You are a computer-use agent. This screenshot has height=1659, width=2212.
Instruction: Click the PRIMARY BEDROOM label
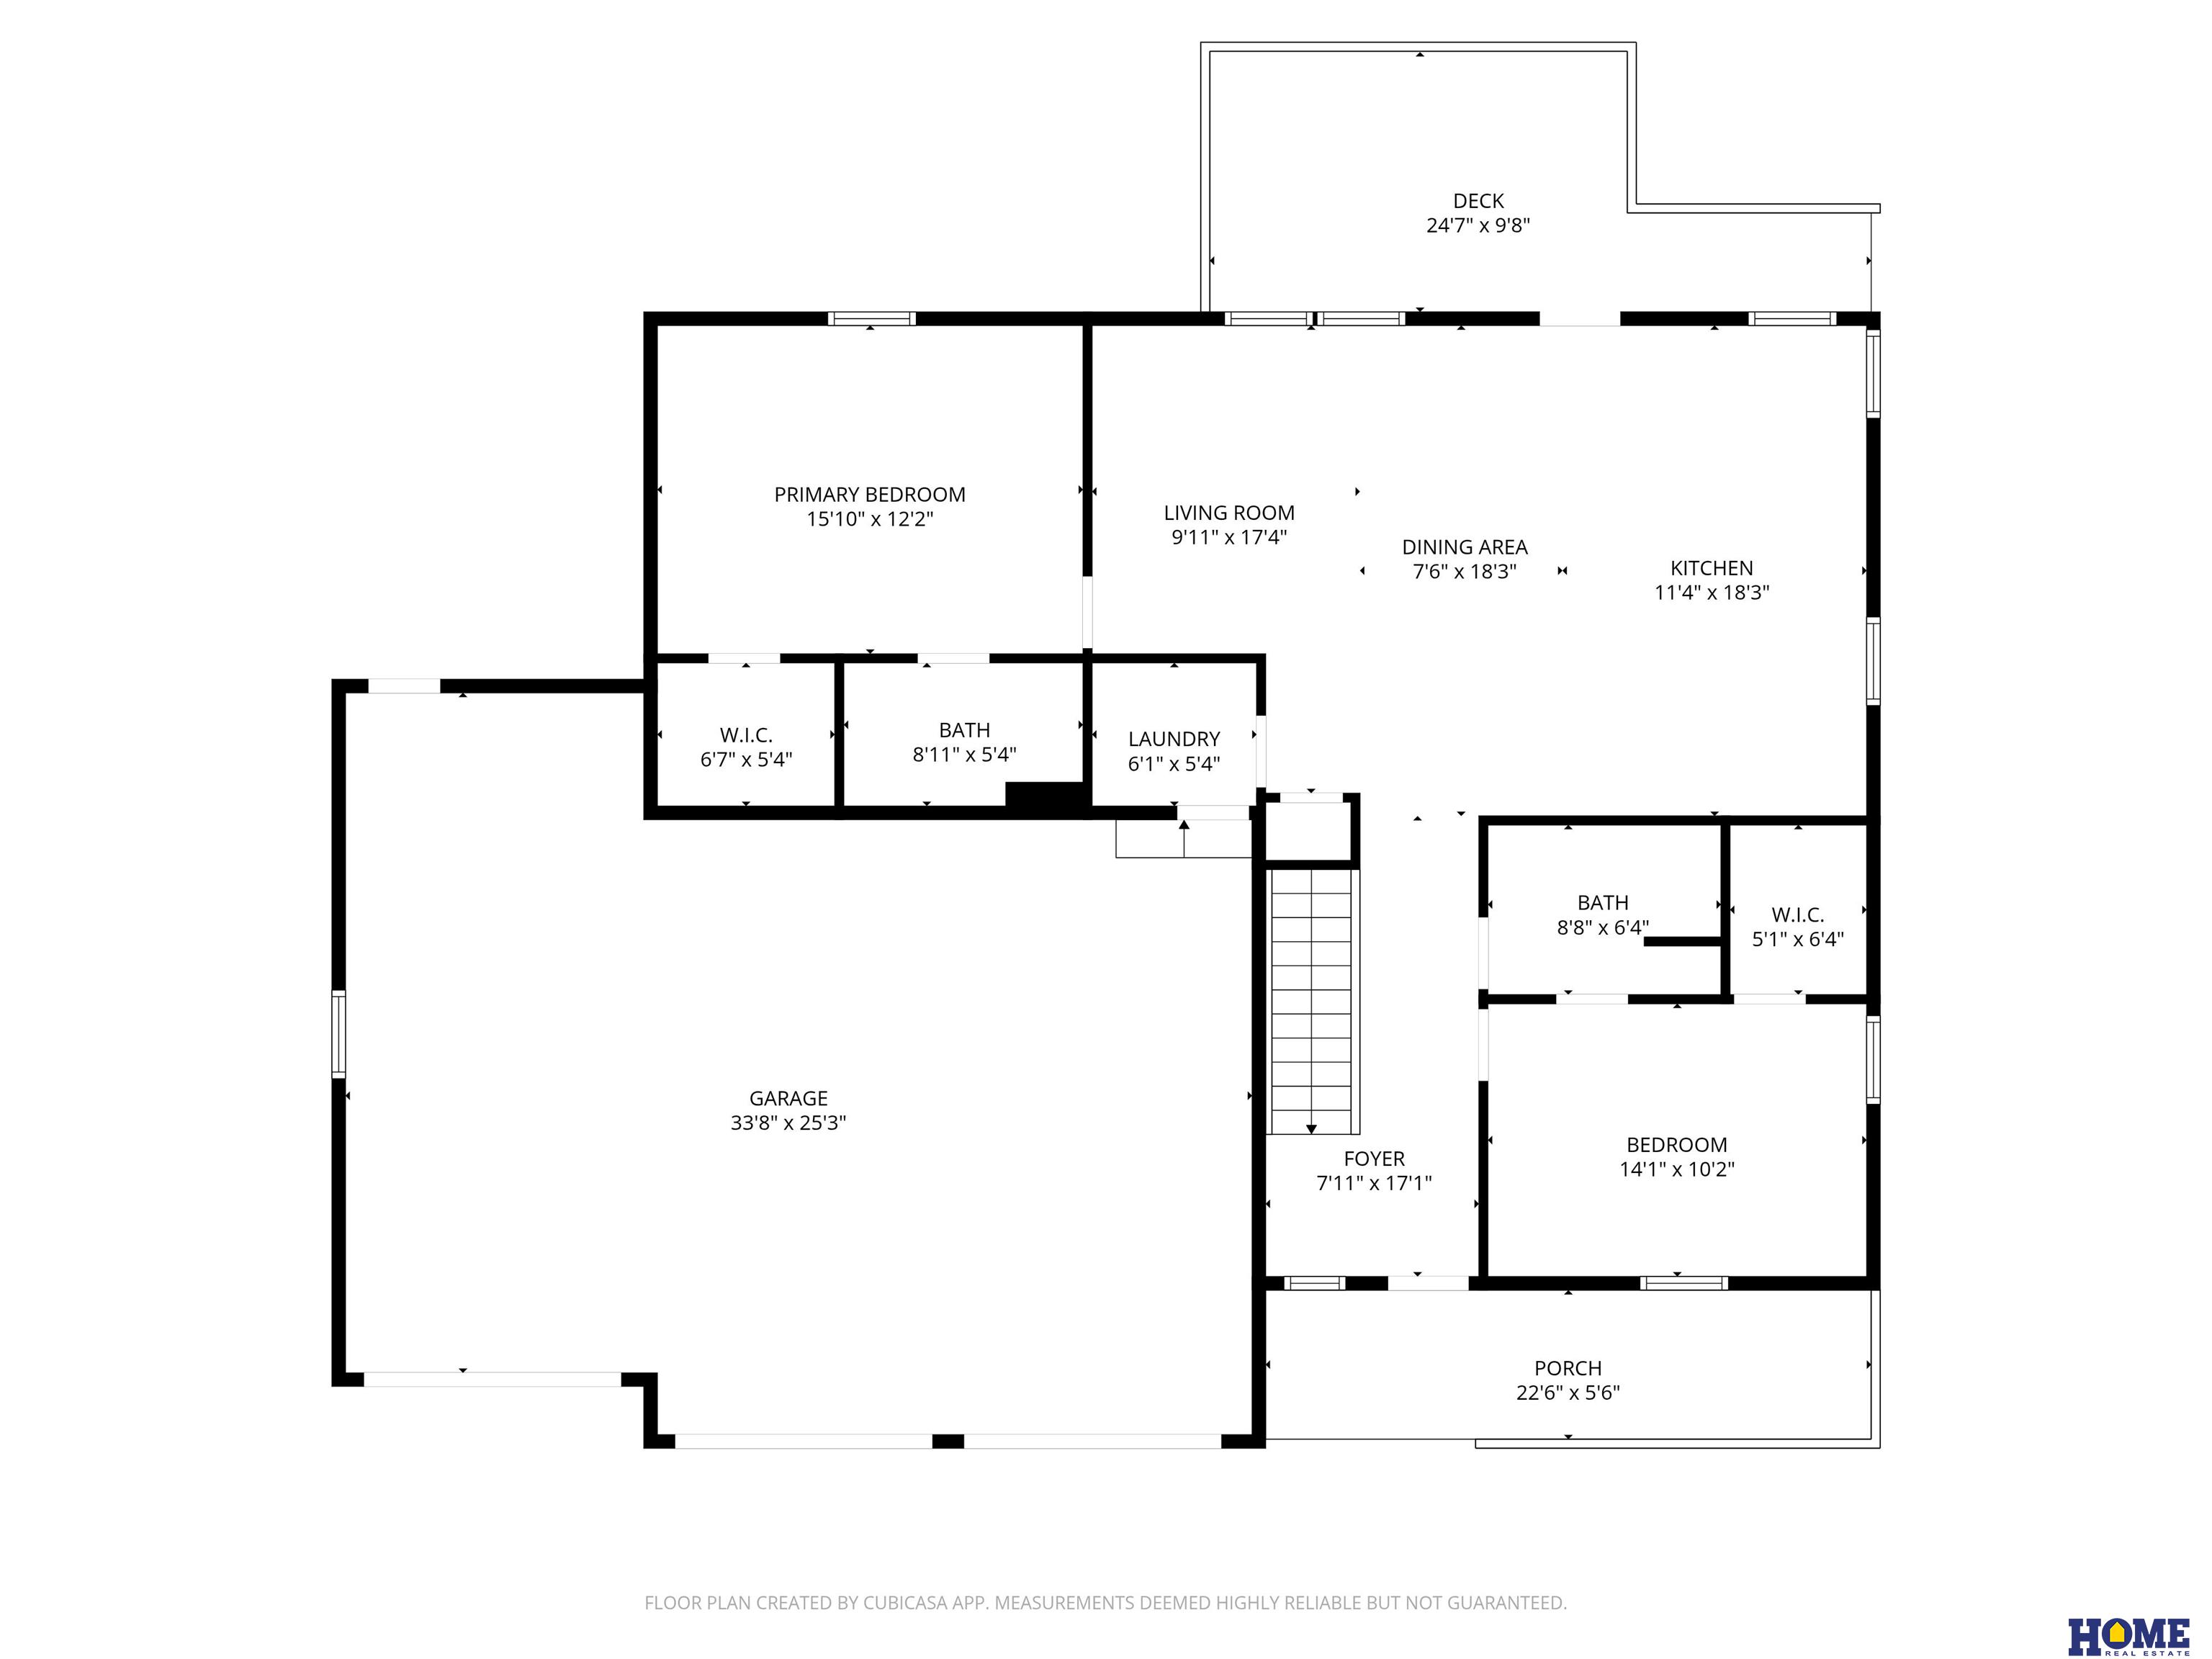pyautogui.click(x=869, y=494)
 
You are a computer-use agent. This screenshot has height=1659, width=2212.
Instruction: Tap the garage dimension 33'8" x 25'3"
pyautogui.click(x=788, y=1122)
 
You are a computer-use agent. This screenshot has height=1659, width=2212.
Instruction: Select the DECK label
pyautogui.click(x=1478, y=201)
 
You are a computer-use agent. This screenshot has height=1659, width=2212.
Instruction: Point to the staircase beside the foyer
pyautogui.click(x=1311, y=1001)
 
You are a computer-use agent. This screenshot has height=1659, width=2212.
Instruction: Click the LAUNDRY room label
pyautogui.click(x=1174, y=739)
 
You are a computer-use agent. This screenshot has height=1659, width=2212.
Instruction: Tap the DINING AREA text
pyautogui.click(x=1464, y=547)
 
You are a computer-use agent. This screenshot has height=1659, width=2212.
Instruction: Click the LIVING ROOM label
pyautogui.click(x=1229, y=513)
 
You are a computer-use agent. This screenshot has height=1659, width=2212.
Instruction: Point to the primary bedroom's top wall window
pyautogui.click(x=871, y=319)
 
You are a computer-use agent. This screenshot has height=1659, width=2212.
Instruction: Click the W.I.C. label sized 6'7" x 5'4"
pyautogui.click(x=746, y=735)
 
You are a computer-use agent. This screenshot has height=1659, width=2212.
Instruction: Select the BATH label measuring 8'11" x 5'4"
pyautogui.click(x=964, y=730)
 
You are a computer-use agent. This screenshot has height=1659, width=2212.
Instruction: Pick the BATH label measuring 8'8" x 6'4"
pyautogui.click(x=1602, y=902)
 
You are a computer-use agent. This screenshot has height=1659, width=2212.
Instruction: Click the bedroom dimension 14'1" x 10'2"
pyautogui.click(x=1677, y=1169)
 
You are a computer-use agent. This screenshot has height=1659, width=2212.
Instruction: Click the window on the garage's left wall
pyautogui.click(x=339, y=1033)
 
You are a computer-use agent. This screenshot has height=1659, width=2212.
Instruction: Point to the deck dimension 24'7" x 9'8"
pyautogui.click(x=1478, y=225)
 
